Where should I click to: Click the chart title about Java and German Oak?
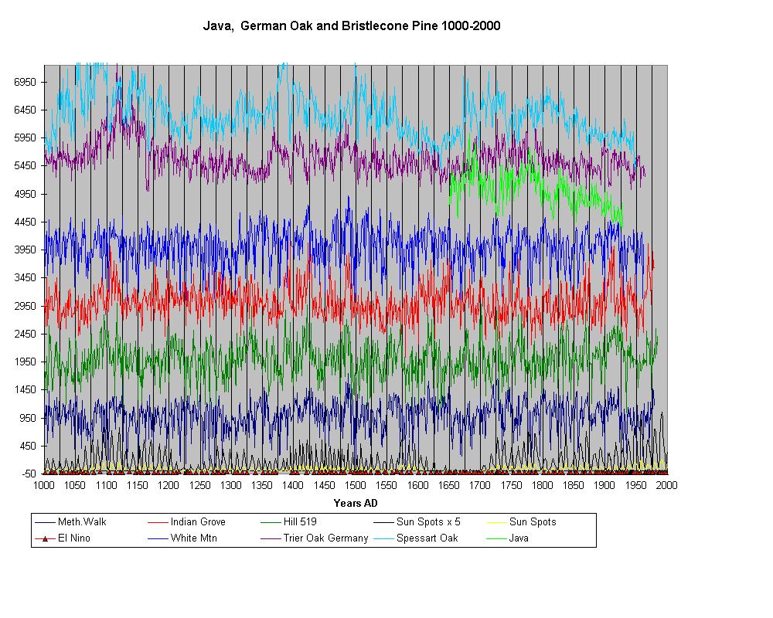pos(352,25)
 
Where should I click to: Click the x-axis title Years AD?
pos(355,503)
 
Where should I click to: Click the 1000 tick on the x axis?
pos(44,485)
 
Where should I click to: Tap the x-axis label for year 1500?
pos(355,485)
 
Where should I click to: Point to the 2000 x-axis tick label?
pos(666,485)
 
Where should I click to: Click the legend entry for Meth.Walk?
pos(82,522)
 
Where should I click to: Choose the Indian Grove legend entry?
pos(198,522)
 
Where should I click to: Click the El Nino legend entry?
pos(74,538)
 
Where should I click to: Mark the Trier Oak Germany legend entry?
pos(325,538)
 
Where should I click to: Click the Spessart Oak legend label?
pos(427,538)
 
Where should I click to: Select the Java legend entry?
pos(519,538)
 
